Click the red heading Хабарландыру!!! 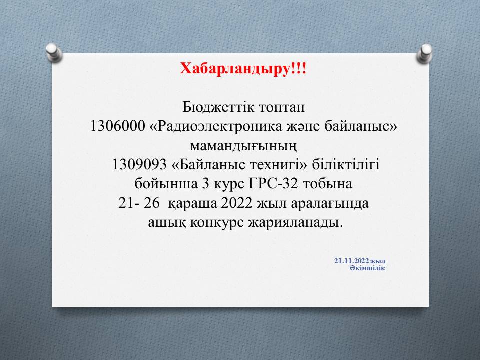(243, 69)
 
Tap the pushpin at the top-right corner (424, 53)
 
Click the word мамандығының (243, 146)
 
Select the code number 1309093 (139, 165)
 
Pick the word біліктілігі (346, 164)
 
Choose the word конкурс (217, 223)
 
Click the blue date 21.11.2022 (352, 261)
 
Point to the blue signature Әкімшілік (367, 268)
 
